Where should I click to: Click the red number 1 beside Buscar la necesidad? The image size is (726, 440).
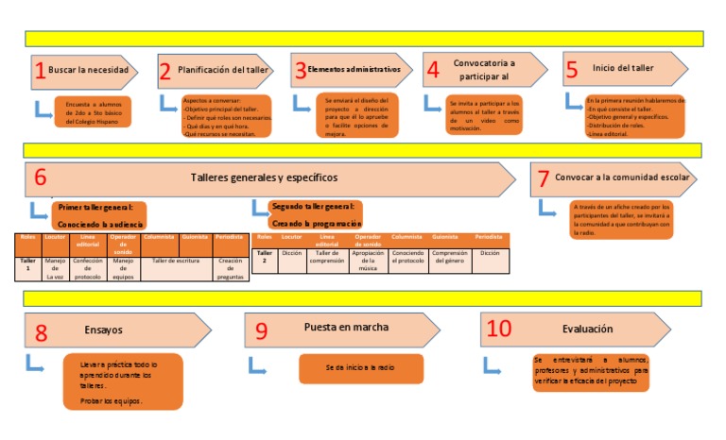40,70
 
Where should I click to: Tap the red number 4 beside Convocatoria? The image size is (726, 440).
433,70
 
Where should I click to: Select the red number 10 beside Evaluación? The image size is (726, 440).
498,330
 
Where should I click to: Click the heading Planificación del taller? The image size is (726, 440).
224,70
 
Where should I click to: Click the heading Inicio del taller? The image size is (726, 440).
624,70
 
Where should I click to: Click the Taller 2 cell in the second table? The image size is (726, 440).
265,257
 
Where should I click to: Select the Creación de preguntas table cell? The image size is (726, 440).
230,268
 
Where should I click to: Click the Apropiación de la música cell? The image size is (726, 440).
368,261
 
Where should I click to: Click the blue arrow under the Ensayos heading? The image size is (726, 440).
34,363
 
